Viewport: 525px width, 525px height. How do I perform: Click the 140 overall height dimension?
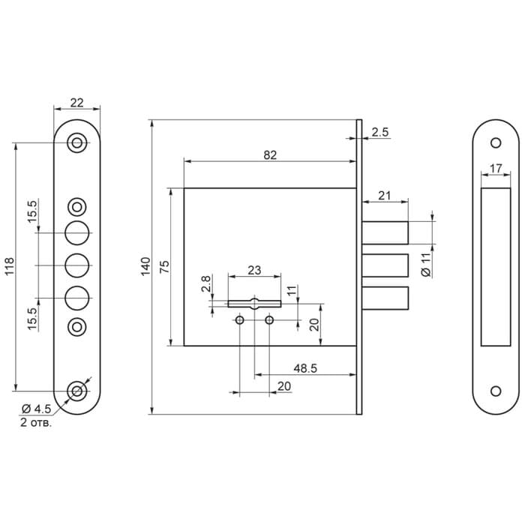click(x=145, y=266)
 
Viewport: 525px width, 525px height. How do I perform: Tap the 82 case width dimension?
click(x=270, y=155)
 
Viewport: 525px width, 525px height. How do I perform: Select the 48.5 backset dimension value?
click(x=305, y=368)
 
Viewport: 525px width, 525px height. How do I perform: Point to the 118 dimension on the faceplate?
click(x=9, y=266)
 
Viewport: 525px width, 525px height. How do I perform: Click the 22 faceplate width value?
click(x=76, y=103)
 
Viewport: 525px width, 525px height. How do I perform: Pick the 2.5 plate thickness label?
click(x=380, y=132)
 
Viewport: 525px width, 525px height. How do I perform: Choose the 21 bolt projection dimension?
click(x=384, y=196)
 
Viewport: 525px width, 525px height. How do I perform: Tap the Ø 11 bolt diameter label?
click(x=426, y=265)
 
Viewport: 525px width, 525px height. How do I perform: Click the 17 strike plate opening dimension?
click(x=496, y=169)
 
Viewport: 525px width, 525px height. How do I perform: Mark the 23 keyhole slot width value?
click(x=254, y=270)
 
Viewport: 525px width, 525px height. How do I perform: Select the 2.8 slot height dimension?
click(x=206, y=283)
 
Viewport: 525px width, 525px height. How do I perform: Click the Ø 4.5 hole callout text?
click(x=36, y=409)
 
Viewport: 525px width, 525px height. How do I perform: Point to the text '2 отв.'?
click(x=36, y=422)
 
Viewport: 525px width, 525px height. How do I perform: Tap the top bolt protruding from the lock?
click(x=385, y=232)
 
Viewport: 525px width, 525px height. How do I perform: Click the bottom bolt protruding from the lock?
click(x=385, y=298)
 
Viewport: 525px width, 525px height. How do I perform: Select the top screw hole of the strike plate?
click(x=496, y=143)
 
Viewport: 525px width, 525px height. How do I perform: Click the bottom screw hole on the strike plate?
click(x=496, y=391)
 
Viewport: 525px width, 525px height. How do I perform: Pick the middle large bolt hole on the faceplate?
click(x=77, y=265)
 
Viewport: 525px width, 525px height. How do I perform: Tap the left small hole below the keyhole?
click(x=240, y=320)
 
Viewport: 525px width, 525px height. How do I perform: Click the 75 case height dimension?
click(x=164, y=267)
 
